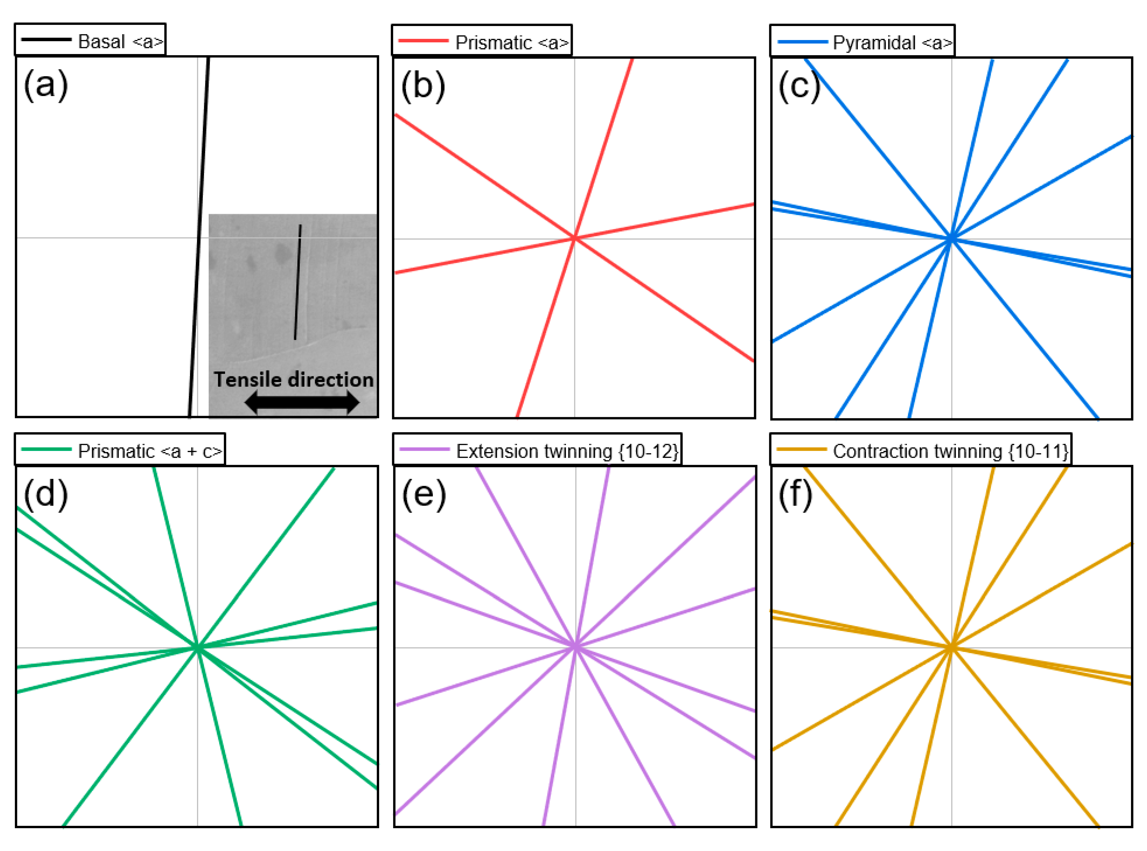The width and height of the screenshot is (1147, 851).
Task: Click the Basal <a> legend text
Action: (x=120, y=41)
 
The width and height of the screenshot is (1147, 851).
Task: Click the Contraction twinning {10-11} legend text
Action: (x=950, y=451)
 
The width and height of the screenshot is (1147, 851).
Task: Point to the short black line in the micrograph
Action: (x=298, y=282)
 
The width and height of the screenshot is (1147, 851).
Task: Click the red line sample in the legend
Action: (x=423, y=41)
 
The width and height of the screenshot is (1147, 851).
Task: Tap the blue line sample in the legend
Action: (x=802, y=41)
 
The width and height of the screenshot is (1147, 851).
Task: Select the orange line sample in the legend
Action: (x=801, y=449)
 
